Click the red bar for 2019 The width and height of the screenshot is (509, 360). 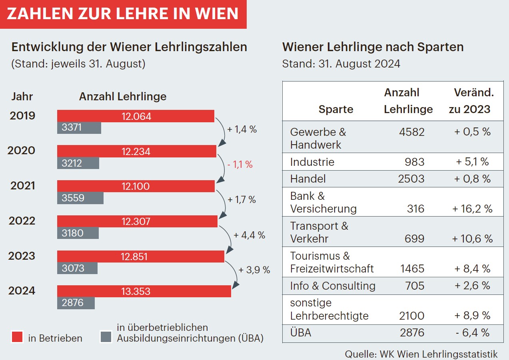(136, 116)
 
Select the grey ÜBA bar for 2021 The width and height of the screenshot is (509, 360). (80, 198)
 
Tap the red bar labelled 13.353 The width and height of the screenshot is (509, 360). (144, 291)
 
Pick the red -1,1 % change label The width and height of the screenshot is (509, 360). (240, 164)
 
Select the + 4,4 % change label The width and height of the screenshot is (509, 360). (249, 235)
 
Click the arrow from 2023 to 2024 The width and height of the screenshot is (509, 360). (234, 274)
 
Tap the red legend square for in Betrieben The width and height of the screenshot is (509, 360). (17, 338)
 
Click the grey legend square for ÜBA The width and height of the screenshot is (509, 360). (106, 338)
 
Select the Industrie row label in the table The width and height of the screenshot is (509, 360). (312, 162)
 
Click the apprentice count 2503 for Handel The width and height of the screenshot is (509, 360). (411, 179)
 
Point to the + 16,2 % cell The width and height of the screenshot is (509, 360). (472, 209)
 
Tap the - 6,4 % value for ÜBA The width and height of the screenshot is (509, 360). (472, 332)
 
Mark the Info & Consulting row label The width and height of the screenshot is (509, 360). (333, 286)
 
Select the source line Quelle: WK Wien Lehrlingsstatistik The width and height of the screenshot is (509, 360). (421, 354)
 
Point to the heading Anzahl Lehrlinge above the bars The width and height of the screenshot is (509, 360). (123, 97)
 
